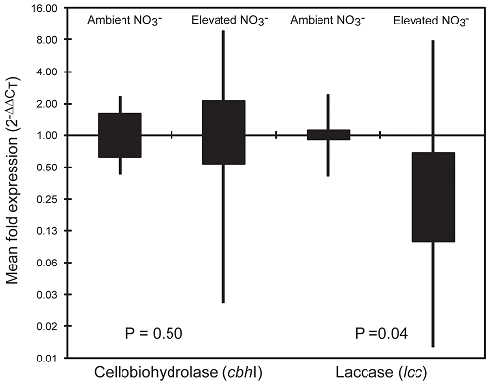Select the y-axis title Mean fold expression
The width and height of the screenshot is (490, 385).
(x=14, y=183)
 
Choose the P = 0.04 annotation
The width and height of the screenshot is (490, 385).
(x=378, y=334)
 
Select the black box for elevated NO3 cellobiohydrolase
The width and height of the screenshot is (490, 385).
(x=223, y=131)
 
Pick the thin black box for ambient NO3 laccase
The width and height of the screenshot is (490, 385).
(x=328, y=135)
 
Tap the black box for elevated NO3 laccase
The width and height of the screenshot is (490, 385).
(x=432, y=196)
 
